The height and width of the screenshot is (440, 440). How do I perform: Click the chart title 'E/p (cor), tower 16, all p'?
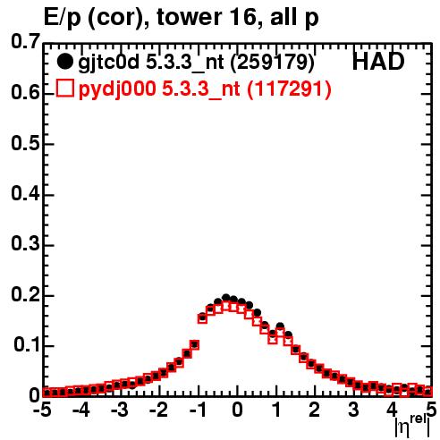pyautogui.click(x=182, y=18)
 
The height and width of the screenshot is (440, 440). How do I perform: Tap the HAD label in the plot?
pyautogui.click(x=378, y=62)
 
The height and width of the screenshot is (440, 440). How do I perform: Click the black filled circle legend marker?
pyautogui.click(x=64, y=62)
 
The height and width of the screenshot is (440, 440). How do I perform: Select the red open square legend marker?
pyautogui.click(x=64, y=88)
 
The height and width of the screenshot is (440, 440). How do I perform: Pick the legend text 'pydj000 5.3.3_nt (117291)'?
pyautogui.click(x=205, y=89)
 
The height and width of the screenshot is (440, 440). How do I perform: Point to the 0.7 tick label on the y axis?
pyautogui.click(x=25, y=41)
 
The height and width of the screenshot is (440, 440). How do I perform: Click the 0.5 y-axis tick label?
pyautogui.click(x=25, y=143)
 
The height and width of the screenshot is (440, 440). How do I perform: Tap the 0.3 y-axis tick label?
pyautogui.click(x=25, y=244)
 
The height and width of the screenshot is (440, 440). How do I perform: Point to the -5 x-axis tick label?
pyautogui.click(x=42, y=410)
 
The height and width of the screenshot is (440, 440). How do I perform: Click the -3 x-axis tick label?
pyautogui.click(x=120, y=410)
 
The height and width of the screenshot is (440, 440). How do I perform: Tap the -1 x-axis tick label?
pyautogui.click(x=197, y=410)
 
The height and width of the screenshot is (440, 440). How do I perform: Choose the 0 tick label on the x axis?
pyautogui.click(x=237, y=410)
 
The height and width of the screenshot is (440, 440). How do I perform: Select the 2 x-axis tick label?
pyautogui.click(x=314, y=410)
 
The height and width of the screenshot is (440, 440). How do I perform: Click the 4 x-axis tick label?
pyautogui.click(x=392, y=410)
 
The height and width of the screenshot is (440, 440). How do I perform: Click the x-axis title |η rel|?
pyautogui.click(x=413, y=427)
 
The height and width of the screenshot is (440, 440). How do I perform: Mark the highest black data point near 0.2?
pyautogui.click(x=226, y=297)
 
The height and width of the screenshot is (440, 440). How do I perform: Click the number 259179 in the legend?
pyautogui.click(x=272, y=63)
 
